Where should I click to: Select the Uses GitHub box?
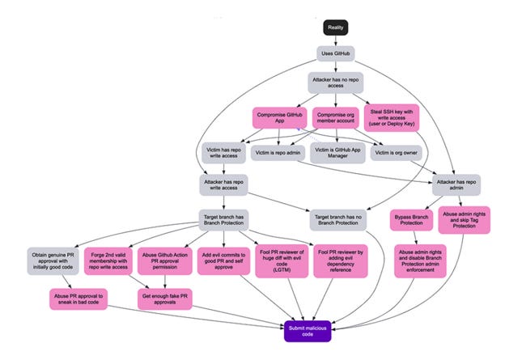(x=336, y=53)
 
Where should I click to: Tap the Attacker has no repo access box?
(x=336, y=83)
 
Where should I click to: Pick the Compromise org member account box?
(x=335, y=118)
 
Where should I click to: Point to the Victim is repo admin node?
(x=278, y=151)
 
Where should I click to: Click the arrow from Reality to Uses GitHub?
(x=336, y=40)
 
